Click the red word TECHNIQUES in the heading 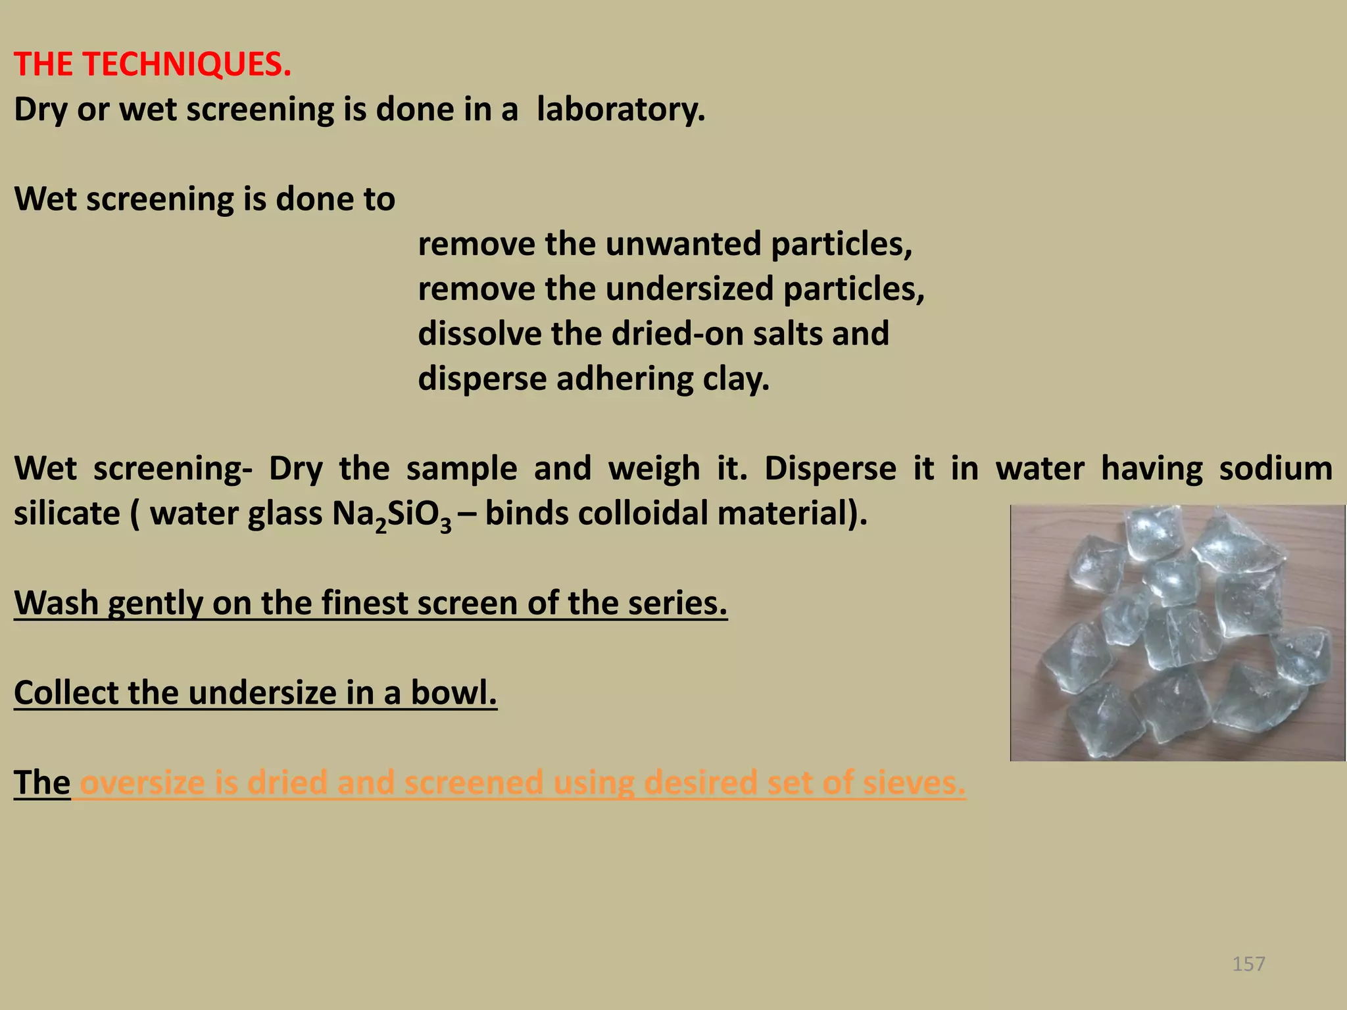[187, 64]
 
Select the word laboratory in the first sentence [620, 109]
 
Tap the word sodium [1275, 469]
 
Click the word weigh [654, 469]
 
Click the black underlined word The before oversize [42, 782]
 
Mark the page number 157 [1248, 964]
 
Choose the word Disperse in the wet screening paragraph [830, 469]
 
